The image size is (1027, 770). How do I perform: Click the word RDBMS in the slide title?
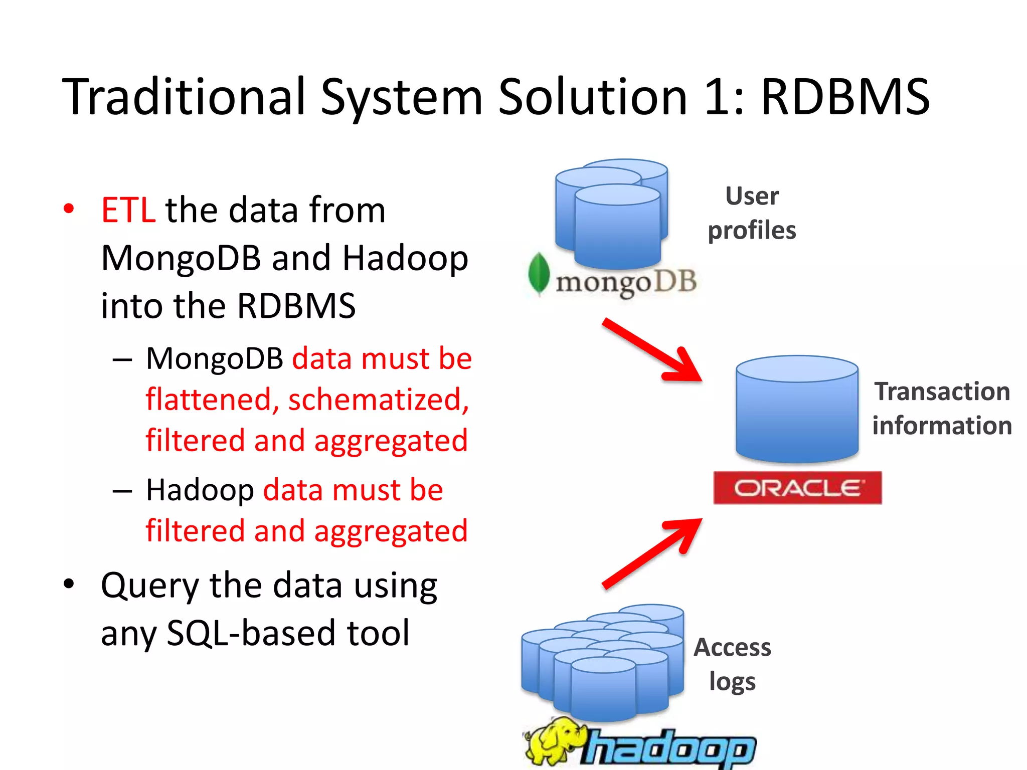(845, 97)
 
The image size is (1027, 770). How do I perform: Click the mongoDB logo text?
(626, 282)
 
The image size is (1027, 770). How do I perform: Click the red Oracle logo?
(797, 487)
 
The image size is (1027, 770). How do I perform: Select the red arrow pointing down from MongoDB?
(652, 351)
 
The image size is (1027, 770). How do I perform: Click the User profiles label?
(752, 213)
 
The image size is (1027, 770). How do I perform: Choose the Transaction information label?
(942, 408)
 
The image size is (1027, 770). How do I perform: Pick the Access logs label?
(732, 664)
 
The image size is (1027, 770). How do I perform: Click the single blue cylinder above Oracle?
(797, 409)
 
